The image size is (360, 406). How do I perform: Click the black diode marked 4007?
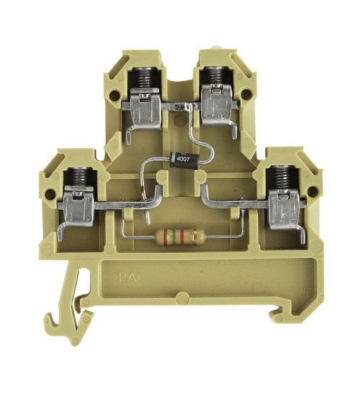(x=185, y=161)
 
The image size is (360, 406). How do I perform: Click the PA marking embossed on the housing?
(x=129, y=278)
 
